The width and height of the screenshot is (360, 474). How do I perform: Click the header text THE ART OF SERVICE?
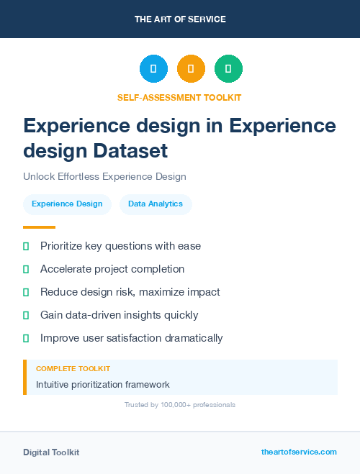pyautogui.click(x=180, y=19)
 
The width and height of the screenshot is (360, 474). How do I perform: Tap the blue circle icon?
pyautogui.click(x=153, y=69)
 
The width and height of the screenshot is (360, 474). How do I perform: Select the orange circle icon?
pyautogui.click(x=191, y=69)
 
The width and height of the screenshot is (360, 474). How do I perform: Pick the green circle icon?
pyautogui.click(x=228, y=69)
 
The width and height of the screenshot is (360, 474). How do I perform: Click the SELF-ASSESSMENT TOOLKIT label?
pyautogui.click(x=179, y=97)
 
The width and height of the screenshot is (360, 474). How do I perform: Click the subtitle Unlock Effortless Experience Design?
pyautogui.click(x=104, y=176)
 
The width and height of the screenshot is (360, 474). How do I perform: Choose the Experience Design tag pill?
pyautogui.click(x=67, y=204)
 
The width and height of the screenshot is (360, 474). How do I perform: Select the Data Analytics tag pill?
pyautogui.click(x=156, y=204)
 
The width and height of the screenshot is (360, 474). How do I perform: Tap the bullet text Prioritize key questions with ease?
pyautogui.click(x=120, y=246)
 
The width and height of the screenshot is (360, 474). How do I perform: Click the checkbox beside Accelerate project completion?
pyautogui.click(x=26, y=269)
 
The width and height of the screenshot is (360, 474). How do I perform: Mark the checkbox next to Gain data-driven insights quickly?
pyautogui.click(x=26, y=315)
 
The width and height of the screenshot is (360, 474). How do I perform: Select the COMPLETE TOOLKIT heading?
pyautogui.click(x=68, y=368)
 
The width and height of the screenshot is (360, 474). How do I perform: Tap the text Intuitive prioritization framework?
pyautogui.click(x=103, y=385)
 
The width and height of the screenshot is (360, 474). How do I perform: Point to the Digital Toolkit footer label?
pyautogui.click(x=51, y=452)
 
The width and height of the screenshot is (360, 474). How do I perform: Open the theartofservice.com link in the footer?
pyautogui.click(x=299, y=452)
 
